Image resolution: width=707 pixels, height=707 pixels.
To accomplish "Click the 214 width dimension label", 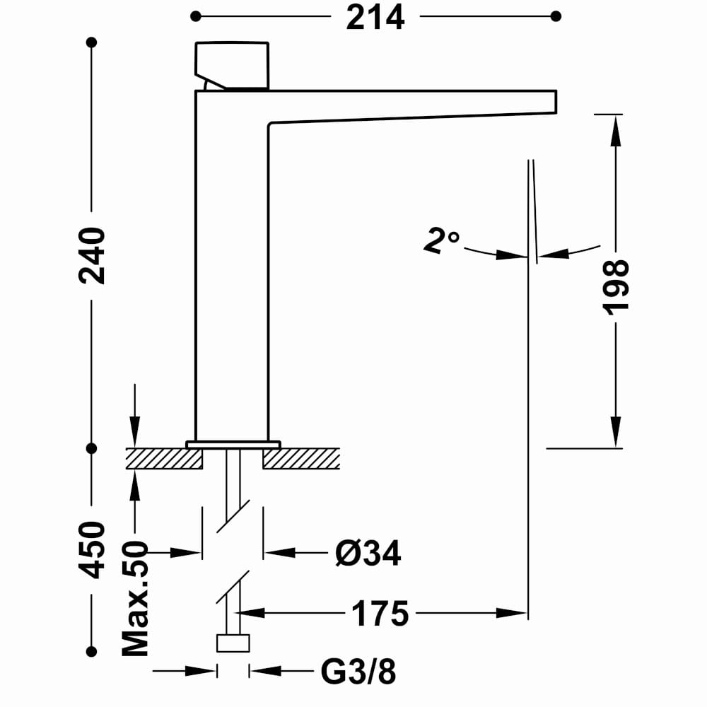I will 375,17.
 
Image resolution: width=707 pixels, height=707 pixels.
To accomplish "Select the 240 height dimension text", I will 92,255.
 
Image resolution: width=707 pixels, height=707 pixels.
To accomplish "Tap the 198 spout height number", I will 616,286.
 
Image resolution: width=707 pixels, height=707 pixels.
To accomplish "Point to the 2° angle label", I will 441,240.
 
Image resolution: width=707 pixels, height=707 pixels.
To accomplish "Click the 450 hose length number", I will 92,550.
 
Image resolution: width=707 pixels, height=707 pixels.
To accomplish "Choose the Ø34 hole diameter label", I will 368,553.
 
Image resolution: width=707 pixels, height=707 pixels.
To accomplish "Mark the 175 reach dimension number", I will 380,613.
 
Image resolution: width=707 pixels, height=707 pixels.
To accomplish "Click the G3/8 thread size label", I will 358,672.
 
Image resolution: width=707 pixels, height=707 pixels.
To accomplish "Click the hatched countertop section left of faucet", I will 163,459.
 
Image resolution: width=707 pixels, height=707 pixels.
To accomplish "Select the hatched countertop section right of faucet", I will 302,459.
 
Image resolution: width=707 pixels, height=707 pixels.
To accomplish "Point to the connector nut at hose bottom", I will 233,643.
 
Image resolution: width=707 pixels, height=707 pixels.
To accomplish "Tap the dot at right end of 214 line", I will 556,16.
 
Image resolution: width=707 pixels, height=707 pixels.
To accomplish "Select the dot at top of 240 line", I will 91,42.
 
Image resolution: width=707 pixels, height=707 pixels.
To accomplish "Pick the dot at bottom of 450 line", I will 91,651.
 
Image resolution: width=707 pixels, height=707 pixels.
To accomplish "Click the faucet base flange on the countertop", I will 233,444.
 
